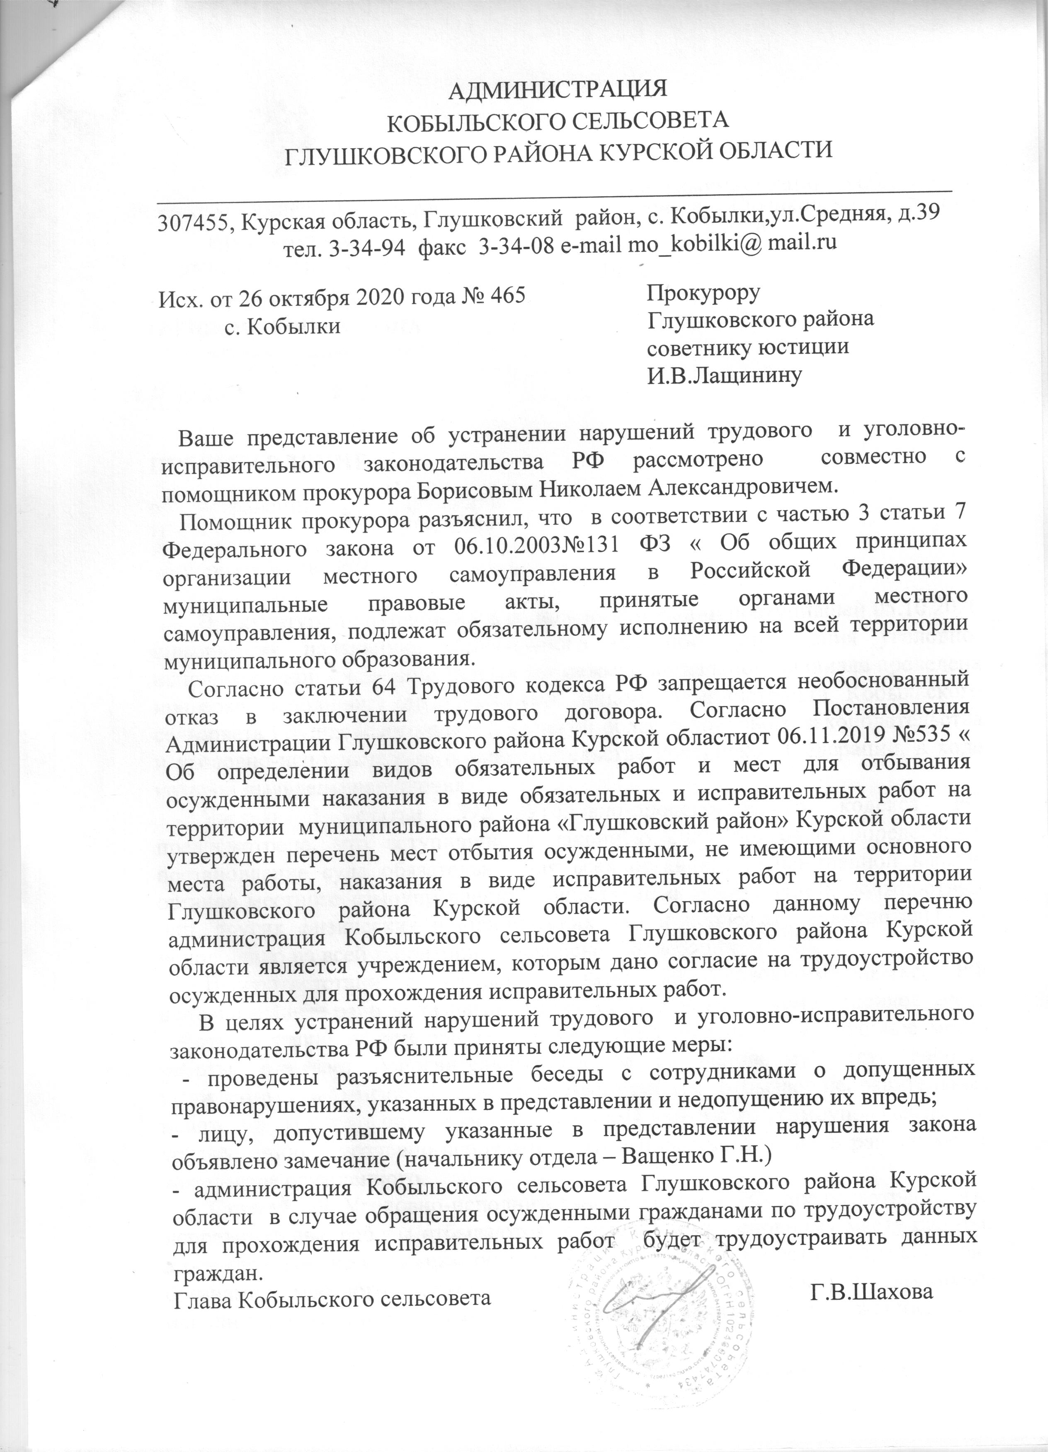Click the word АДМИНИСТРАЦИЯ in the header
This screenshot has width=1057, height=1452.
pyautogui.click(x=557, y=89)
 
